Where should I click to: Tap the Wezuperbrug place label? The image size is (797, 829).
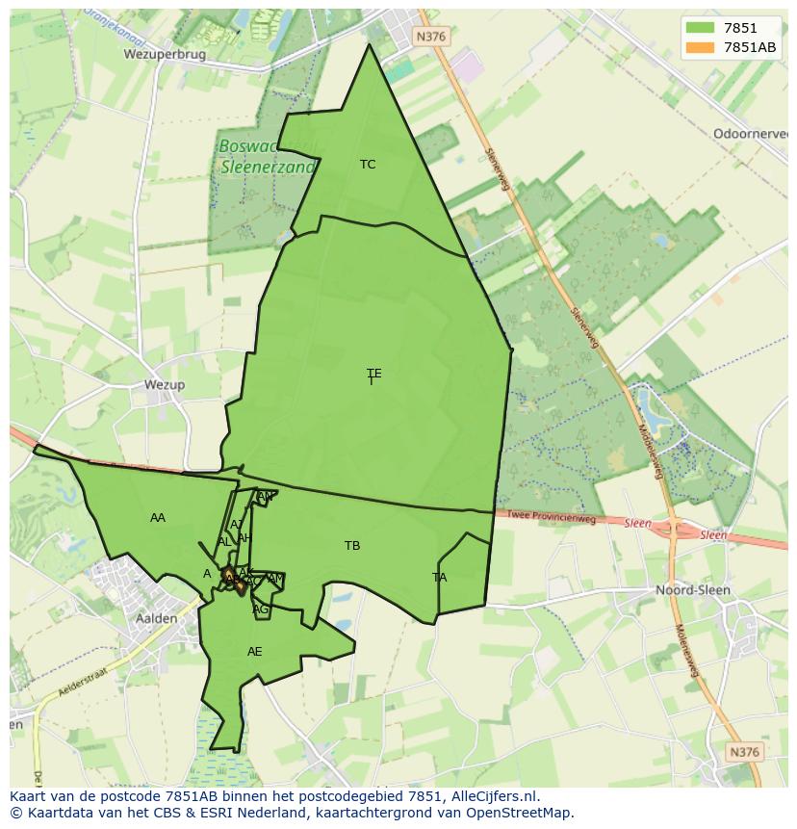click(x=165, y=55)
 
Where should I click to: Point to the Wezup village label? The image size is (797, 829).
click(x=164, y=384)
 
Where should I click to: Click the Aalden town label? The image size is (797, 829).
click(x=156, y=618)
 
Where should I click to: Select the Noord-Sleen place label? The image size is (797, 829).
click(x=692, y=589)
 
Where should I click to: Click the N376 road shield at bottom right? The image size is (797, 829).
click(x=745, y=752)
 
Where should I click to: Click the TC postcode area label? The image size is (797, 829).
click(x=368, y=165)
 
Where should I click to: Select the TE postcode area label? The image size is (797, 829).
click(x=373, y=374)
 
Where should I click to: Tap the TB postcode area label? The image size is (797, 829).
click(x=352, y=546)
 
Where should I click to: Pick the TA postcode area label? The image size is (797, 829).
click(x=440, y=578)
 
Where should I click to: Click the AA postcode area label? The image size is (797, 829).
click(x=158, y=518)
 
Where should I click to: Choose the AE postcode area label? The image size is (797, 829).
click(x=254, y=652)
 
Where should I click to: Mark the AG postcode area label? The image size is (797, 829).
click(x=260, y=609)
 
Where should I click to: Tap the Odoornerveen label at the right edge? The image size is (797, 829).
click(x=750, y=134)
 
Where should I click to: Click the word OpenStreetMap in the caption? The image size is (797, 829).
click(x=513, y=813)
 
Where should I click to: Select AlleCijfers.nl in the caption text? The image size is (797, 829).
click(x=491, y=796)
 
